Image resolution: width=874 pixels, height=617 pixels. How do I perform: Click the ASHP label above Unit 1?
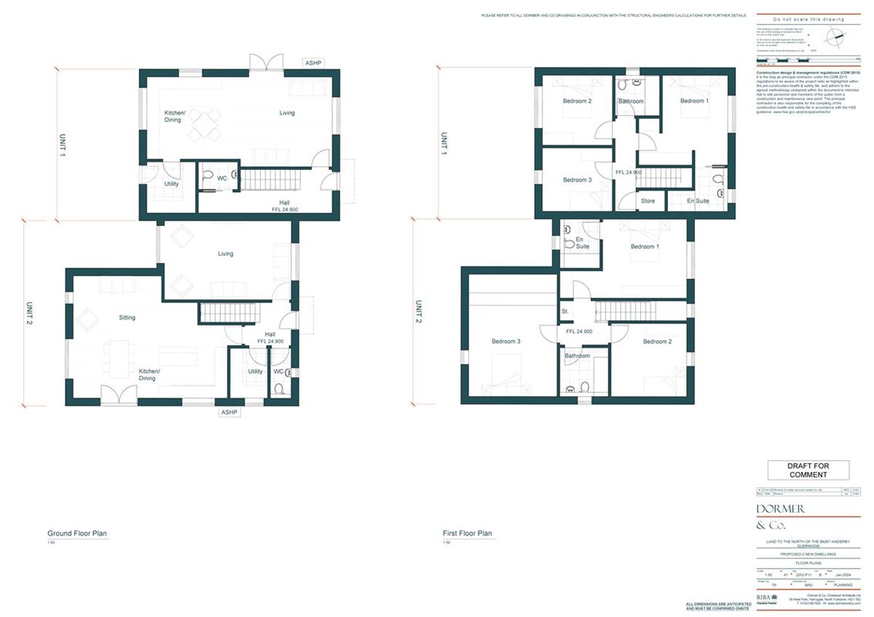313,62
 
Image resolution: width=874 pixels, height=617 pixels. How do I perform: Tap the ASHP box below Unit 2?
229,412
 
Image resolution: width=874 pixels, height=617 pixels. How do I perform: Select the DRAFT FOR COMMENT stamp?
808,470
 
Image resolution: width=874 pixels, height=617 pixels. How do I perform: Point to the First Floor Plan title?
467,533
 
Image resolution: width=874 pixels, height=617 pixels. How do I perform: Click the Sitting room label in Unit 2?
127,317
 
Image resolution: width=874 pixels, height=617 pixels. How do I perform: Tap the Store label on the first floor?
648,201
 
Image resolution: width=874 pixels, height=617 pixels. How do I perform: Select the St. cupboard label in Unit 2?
565,312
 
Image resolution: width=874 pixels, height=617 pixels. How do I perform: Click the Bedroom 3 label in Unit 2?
506,342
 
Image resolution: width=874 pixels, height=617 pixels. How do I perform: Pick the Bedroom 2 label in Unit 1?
577,101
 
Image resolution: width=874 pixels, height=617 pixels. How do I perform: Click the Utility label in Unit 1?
171,184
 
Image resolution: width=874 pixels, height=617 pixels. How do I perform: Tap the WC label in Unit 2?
278,371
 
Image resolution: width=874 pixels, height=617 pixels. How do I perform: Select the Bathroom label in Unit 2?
577,356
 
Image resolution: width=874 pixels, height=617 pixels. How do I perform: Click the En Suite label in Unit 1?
697,201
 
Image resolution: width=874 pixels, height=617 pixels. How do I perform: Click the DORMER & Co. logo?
781,517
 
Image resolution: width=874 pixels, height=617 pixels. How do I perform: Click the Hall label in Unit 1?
285,202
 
